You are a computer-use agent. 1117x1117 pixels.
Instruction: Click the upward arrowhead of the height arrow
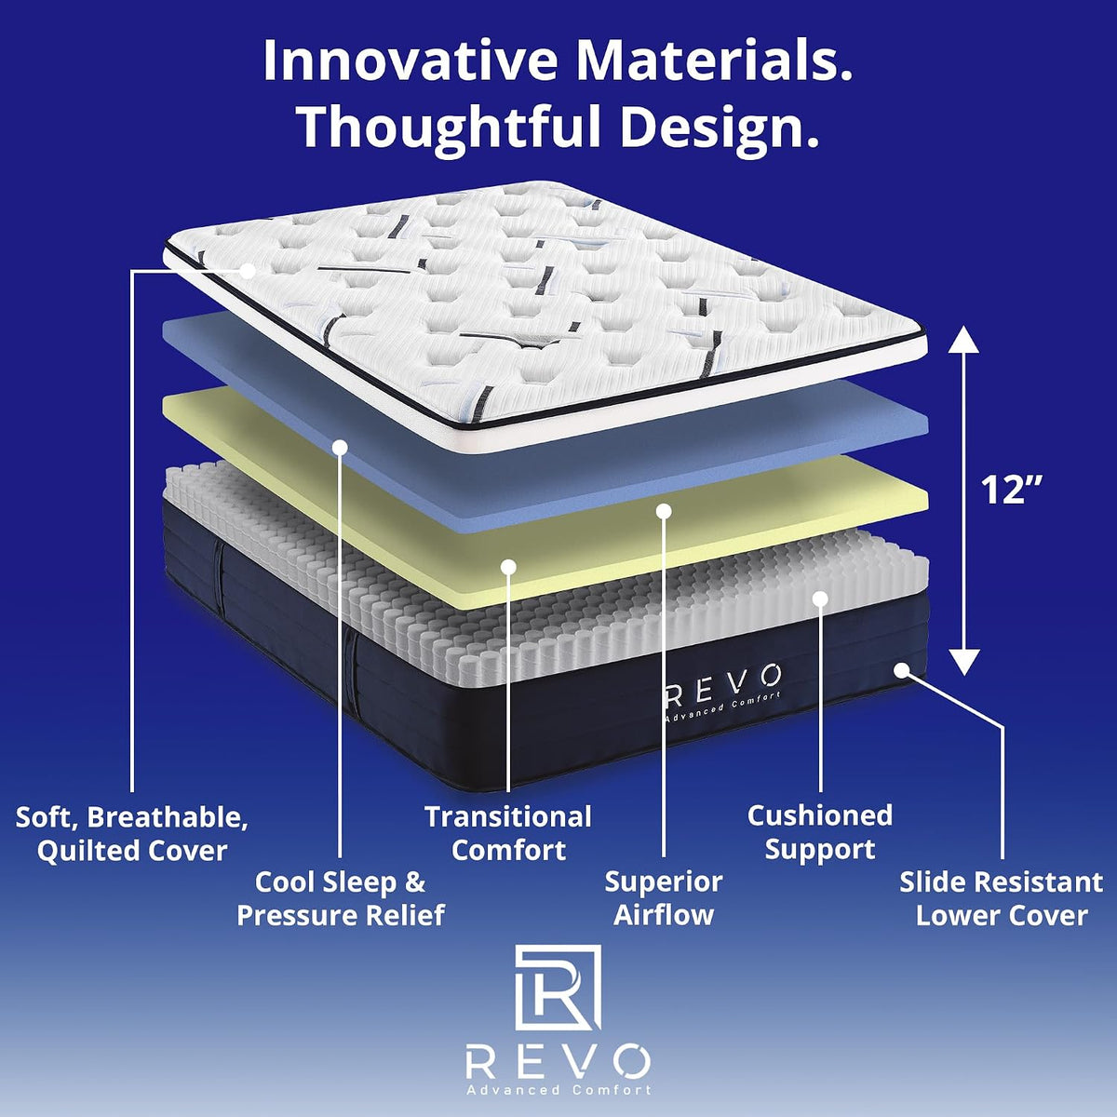pyautogui.click(x=963, y=339)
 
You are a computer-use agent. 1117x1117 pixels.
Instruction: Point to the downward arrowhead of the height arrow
pyautogui.click(x=963, y=663)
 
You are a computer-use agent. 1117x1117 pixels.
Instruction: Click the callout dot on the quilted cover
pyautogui.click(x=249, y=271)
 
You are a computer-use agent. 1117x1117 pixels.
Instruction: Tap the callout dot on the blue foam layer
pyautogui.click(x=341, y=447)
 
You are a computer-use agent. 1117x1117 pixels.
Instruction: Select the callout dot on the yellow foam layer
pyautogui.click(x=508, y=567)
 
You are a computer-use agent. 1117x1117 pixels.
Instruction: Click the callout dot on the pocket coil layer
pyautogui.click(x=820, y=599)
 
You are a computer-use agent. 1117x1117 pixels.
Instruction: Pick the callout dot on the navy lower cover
pyautogui.click(x=901, y=670)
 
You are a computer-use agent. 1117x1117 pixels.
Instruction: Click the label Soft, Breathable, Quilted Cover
pyautogui.click(x=131, y=834)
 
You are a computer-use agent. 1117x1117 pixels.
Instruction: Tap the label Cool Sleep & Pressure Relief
pyautogui.click(x=341, y=899)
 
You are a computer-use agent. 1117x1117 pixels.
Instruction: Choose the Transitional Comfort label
pyautogui.click(x=508, y=833)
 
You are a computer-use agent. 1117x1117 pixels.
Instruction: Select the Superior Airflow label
pyautogui.click(x=664, y=899)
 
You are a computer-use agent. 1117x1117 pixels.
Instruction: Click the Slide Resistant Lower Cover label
pyautogui.click(x=1001, y=899)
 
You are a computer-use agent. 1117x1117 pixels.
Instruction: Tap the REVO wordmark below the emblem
pyautogui.click(x=558, y=1060)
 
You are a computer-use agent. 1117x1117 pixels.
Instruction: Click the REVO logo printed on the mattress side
pyautogui.click(x=722, y=691)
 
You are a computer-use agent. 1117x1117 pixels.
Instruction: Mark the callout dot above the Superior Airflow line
pyautogui.click(x=665, y=511)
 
